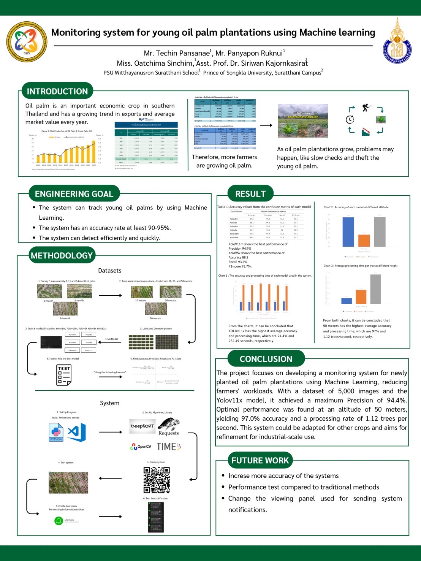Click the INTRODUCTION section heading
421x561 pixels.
[57, 91]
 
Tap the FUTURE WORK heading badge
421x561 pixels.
[260, 461]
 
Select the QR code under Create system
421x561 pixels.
[157, 480]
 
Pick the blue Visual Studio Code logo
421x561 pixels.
[77, 432]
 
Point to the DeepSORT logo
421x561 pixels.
[142, 426]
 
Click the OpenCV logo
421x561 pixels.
[141, 447]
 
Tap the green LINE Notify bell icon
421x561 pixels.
[59, 521]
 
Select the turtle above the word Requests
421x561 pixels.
[168, 424]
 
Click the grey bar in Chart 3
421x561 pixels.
[375, 289]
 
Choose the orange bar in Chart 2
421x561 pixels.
[364, 240]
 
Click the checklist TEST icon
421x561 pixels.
[64, 375]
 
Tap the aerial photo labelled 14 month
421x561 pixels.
[65, 309]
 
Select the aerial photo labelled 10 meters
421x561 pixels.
[142, 292]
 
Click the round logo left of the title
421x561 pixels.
[27, 41]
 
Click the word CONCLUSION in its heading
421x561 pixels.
[266, 359]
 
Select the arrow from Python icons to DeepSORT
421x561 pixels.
[111, 432]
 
